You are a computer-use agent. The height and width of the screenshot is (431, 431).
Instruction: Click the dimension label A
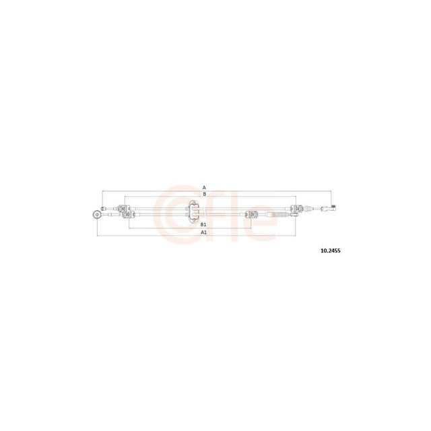[x=204, y=187]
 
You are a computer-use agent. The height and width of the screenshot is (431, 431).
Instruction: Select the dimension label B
[x=204, y=194]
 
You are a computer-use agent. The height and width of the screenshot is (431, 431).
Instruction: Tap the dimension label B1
[x=203, y=224]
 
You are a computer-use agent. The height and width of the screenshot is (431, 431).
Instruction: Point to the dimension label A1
[x=203, y=232]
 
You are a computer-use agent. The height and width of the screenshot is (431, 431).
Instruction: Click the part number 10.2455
[x=331, y=251]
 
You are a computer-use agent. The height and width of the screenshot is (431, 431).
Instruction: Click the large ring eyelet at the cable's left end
[x=97, y=214]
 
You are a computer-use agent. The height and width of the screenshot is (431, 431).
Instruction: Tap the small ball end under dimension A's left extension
[x=102, y=208]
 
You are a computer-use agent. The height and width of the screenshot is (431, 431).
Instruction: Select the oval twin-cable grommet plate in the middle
[x=193, y=211]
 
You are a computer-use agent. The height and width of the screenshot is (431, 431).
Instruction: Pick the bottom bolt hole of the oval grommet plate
[x=193, y=220]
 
